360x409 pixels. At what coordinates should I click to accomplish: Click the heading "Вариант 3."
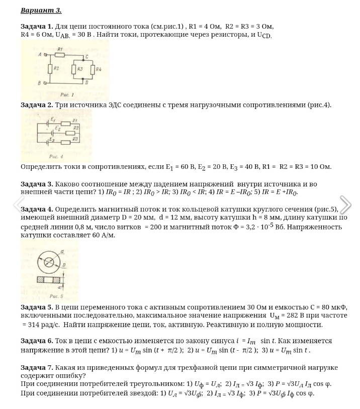41,10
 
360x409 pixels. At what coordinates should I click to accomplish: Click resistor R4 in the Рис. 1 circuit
93,69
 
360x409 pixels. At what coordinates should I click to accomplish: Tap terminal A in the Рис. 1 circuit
46,54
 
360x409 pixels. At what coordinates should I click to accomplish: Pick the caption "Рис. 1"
66,94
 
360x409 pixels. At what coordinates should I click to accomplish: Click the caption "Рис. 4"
56,156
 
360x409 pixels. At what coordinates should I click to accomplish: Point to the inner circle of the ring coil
49,262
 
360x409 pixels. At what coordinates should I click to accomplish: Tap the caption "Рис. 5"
56,296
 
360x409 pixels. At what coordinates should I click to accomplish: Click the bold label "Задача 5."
37,306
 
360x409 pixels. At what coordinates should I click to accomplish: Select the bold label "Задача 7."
37,367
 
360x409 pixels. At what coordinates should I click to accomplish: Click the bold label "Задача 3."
37,184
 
